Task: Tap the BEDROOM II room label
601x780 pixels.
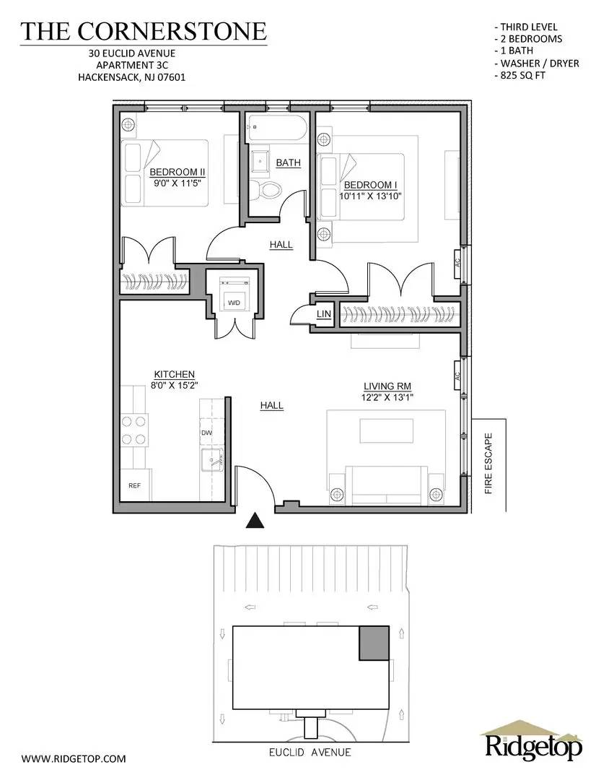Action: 177,173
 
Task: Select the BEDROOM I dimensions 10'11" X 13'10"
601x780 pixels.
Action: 370,195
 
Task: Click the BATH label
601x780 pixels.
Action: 288,162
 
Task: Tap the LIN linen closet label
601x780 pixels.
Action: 323,315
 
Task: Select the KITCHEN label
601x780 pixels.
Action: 174,374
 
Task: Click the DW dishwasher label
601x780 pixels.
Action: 206,433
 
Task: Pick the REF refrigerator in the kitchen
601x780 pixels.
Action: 135,485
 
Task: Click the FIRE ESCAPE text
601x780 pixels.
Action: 488,463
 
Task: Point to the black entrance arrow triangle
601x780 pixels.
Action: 254,521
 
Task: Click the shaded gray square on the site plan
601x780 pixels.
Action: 374,642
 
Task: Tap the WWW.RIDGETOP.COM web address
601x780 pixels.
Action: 74,758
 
